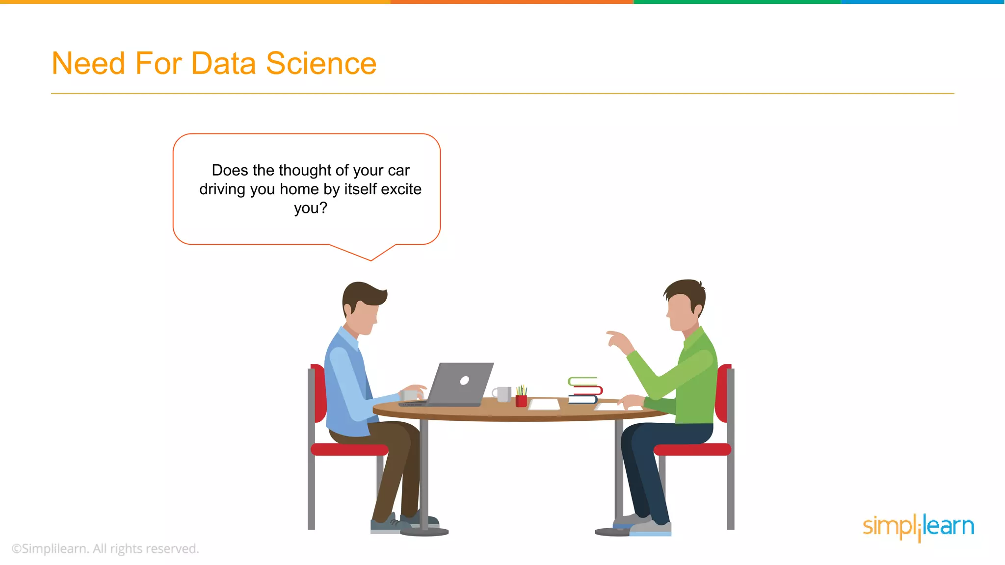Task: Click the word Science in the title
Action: click(x=321, y=64)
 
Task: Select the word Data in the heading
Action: click(x=223, y=64)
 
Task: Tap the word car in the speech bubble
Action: click(x=398, y=170)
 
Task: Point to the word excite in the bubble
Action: click(x=401, y=189)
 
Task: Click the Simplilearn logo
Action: click(x=918, y=527)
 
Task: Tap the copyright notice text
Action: click(x=105, y=548)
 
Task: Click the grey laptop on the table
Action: click(x=459, y=385)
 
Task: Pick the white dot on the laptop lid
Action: click(x=464, y=380)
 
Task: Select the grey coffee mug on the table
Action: click(x=502, y=393)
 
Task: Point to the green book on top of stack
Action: click(x=582, y=381)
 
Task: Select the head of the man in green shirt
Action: click(x=686, y=304)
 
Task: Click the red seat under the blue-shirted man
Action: click(x=349, y=449)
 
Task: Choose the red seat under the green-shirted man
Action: click(x=692, y=449)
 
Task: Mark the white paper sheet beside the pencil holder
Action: click(x=545, y=404)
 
